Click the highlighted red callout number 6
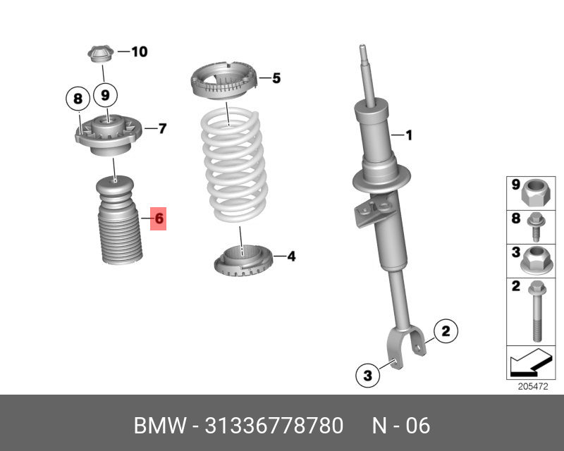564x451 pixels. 159,218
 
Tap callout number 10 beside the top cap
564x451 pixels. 139,51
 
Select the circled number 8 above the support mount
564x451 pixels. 78,99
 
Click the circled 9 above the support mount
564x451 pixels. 105,94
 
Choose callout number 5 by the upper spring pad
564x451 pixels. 276,78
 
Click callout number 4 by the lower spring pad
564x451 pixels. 290,257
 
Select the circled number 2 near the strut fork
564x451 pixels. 445,330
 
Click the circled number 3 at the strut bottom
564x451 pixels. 367,376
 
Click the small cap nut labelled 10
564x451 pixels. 99,53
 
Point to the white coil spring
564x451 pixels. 231,166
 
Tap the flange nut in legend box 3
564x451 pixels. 535,260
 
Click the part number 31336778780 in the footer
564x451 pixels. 274,426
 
